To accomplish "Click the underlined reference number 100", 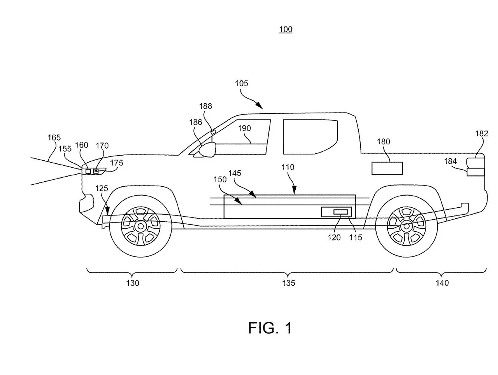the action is click(286, 30).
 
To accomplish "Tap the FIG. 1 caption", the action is click(270, 328).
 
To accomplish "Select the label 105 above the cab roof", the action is click(241, 83).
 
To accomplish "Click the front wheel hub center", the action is click(140, 226).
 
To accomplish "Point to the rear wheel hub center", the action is click(406, 226).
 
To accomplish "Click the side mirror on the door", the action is click(207, 150).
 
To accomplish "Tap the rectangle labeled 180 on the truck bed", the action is click(387, 168).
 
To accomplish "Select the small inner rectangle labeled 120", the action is click(340, 212).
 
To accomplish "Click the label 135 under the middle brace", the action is click(288, 283).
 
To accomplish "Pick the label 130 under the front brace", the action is click(133, 283).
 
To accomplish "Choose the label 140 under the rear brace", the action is click(442, 283).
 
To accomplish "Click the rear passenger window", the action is click(310, 137).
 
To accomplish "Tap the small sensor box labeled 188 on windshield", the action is click(213, 132).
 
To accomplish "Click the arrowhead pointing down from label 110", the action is click(294, 190).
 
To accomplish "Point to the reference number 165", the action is click(54, 137).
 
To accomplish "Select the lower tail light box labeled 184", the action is click(475, 172).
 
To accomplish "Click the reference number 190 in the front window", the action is click(244, 128).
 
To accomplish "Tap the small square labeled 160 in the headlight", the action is click(88, 171).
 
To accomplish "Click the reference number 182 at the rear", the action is click(481, 133).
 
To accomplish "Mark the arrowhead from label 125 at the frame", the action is click(107, 211).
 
